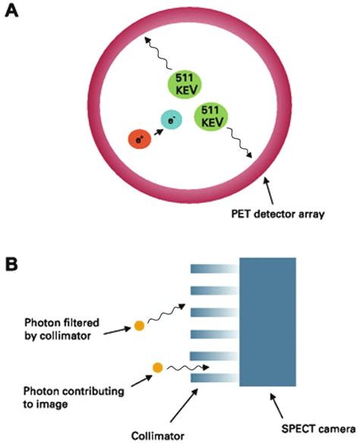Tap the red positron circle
139,140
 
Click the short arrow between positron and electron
156,131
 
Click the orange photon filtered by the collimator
139,325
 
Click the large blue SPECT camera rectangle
268,321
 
